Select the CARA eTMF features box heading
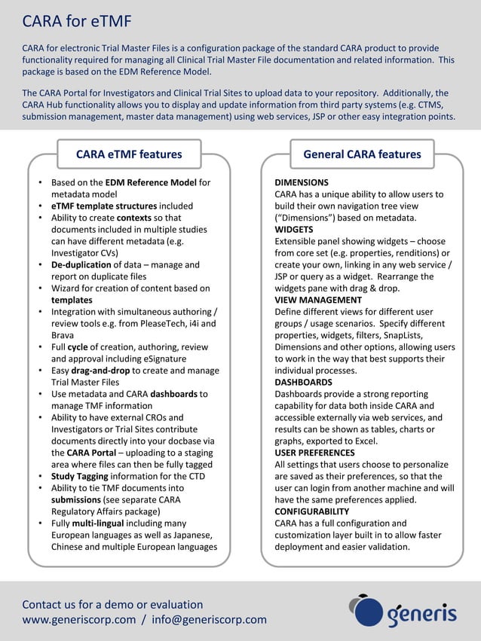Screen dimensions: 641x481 129,154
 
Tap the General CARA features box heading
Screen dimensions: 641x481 362,154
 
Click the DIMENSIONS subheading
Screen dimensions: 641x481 301,182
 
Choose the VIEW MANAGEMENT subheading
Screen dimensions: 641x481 318,300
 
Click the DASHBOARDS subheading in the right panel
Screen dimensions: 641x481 303,382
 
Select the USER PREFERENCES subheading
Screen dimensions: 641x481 314,453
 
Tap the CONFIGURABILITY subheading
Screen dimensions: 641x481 311,511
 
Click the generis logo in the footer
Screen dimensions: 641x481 403,611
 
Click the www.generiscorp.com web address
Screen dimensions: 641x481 79,620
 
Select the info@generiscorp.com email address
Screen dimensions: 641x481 209,620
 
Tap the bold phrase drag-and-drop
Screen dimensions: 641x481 100,371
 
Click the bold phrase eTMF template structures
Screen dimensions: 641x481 104,206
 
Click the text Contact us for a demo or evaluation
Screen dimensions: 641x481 112,604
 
